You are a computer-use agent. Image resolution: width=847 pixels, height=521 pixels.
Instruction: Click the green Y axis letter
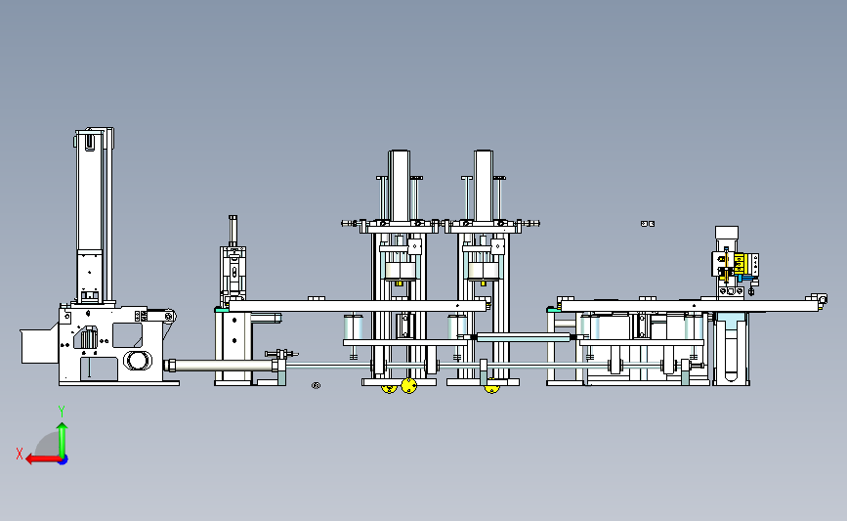(62, 412)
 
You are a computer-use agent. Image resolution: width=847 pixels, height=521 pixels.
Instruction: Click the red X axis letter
(20, 454)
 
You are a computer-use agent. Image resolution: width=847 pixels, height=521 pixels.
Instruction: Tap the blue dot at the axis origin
(64, 460)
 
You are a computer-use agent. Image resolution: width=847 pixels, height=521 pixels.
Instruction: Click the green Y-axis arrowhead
(63, 427)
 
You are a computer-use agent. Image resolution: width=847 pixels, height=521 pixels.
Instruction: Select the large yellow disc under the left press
(409, 386)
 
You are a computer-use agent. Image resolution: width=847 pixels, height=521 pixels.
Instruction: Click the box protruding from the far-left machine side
(39, 346)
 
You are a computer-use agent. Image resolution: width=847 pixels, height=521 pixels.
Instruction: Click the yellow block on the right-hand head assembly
(739, 264)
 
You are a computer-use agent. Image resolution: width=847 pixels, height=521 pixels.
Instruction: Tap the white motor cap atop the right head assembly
(726, 233)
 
